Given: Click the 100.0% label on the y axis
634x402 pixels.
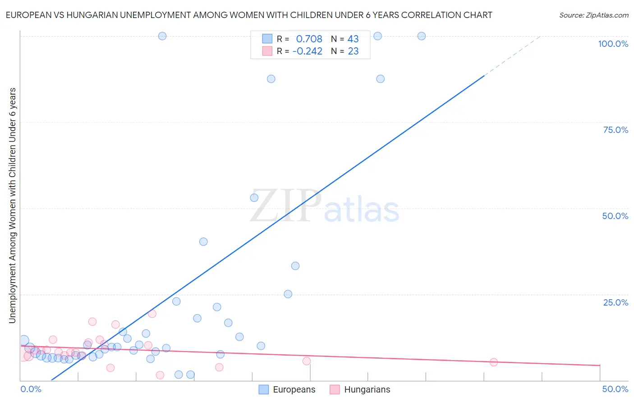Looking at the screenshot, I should pyautogui.click(x=613, y=44).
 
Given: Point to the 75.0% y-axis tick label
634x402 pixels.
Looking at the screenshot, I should pyautogui.click(x=616, y=130).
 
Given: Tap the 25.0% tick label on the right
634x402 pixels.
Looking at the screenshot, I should pyautogui.click(x=616, y=302).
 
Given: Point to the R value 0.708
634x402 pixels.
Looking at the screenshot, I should pyautogui.click(x=309, y=39).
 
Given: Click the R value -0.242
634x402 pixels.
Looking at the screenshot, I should pyautogui.click(x=307, y=51).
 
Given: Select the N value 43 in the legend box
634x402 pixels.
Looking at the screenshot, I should pyautogui.click(x=353, y=39).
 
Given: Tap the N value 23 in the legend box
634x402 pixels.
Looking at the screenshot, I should pyautogui.click(x=353, y=51).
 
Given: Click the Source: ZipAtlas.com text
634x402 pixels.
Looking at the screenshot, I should pyautogui.click(x=593, y=15).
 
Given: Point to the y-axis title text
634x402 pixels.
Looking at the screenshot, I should pyautogui.click(x=12, y=205).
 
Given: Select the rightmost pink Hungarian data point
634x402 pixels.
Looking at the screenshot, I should pyautogui.click(x=493, y=362).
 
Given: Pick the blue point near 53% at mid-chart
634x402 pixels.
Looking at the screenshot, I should pyautogui.click(x=254, y=198).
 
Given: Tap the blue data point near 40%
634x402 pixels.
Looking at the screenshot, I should pyautogui.click(x=203, y=242).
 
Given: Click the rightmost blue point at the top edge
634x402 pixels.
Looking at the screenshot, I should pyautogui.click(x=422, y=36).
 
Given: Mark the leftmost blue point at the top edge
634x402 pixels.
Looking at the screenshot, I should pyautogui.click(x=162, y=36).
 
